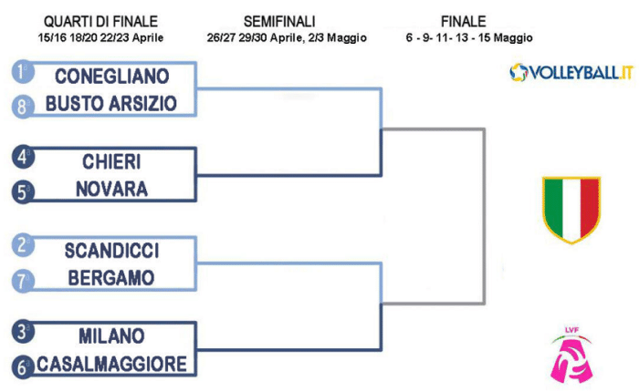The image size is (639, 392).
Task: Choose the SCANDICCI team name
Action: click(x=111, y=248)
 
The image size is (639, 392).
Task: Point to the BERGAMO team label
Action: click(x=111, y=276)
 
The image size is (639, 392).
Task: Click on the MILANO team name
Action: click(x=111, y=335)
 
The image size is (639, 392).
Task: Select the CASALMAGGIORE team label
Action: click(x=111, y=364)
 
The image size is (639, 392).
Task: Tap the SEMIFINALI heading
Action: click(x=287, y=21)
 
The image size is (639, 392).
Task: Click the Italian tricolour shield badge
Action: click(x=571, y=209)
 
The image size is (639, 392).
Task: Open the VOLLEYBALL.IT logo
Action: click(x=571, y=72)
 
